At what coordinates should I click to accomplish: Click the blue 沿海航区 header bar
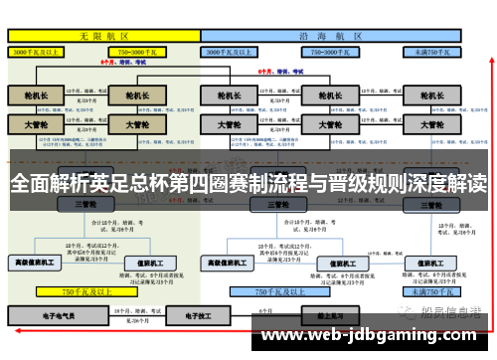point(333,33)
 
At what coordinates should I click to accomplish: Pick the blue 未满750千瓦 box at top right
point(431,50)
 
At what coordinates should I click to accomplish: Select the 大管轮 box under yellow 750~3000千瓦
point(130,125)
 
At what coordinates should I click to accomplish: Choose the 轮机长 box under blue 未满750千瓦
point(432,96)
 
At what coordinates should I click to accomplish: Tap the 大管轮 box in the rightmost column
point(432,125)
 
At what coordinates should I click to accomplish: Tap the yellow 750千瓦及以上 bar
point(83,292)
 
